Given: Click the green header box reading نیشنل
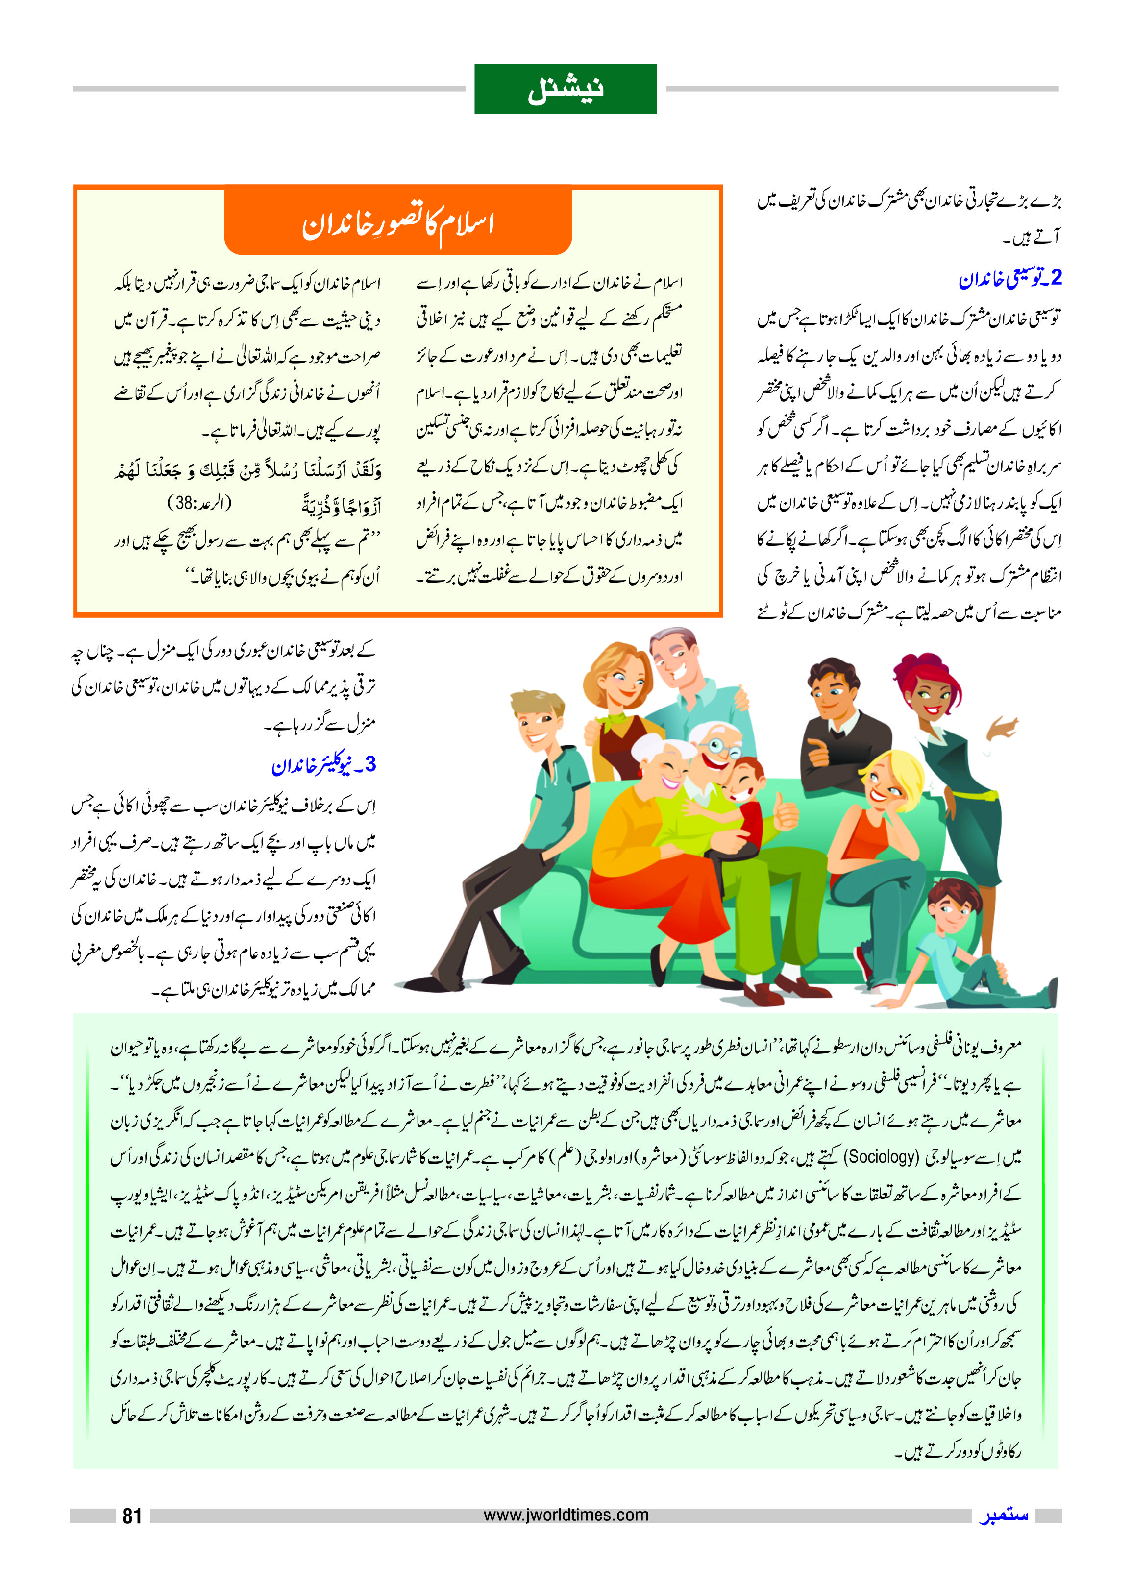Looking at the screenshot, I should pyautogui.click(x=566, y=89).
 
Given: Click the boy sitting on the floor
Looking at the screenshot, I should pyautogui.click(x=959, y=948).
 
